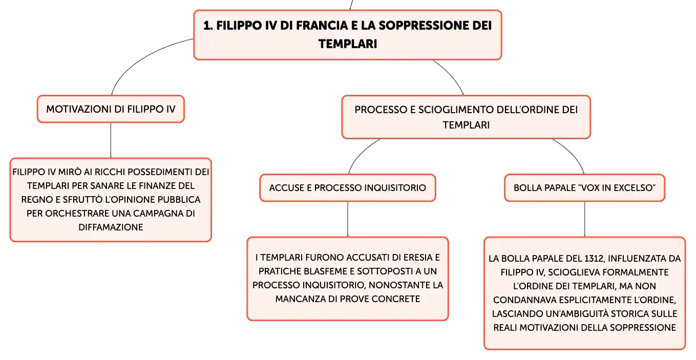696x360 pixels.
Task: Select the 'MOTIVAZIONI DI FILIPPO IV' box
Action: coord(111,109)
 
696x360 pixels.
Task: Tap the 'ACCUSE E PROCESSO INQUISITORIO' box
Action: coord(348,187)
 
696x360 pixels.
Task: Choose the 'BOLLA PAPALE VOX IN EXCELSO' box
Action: coord(584,187)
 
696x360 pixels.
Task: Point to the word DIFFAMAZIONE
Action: coord(111,227)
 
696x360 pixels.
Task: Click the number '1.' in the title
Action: coord(208,26)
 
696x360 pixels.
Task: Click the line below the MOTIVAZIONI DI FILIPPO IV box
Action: coord(111,140)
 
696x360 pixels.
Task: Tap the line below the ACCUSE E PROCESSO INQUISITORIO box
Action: coord(348,219)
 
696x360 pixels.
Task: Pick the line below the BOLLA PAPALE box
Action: coord(585,219)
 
